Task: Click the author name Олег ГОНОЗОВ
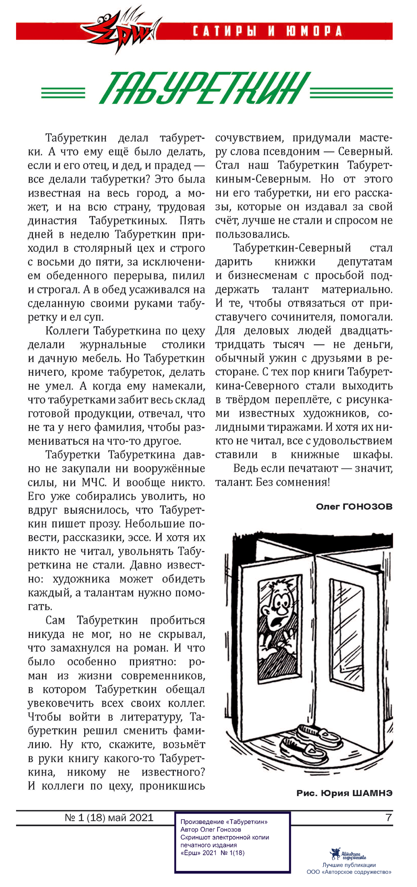(x=354, y=506)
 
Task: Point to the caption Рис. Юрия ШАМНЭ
(x=344, y=793)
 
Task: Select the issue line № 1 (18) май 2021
(x=109, y=817)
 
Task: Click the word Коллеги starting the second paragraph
(x=67, y=331)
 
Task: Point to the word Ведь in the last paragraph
(x=246, y=469)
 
